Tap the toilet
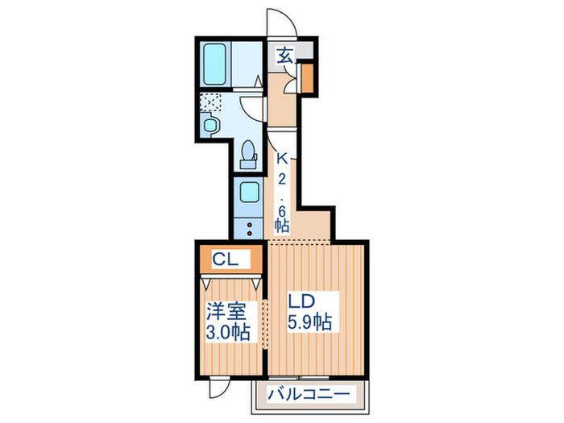(x=249, y=152)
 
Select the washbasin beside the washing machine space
(x=211, y=125)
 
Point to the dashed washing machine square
(x=210, y=102)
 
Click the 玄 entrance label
(x=285, y=56)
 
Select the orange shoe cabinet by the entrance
(x=307, y=78)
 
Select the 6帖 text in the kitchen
(x=281, y=218)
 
